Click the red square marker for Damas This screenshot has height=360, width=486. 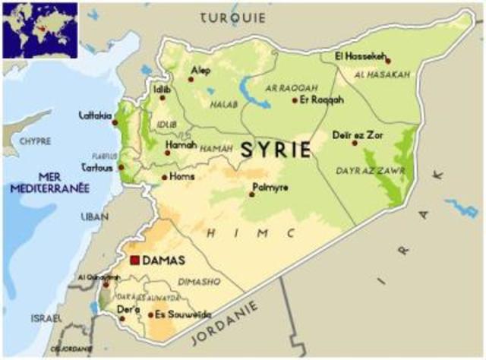click(x=135, y=261)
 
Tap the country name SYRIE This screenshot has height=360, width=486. click(x=275, y=149)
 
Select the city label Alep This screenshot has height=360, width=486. click(x=203, y=71)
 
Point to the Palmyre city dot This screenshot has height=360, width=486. click(x=252, y=194)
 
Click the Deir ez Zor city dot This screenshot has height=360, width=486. click(x=355, y=142)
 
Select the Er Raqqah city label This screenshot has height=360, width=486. click(x=322, y=99)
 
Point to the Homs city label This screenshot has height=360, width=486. click(x=182, y=176)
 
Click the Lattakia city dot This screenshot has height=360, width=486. click(x=115, y=122)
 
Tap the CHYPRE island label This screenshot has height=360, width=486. click(x=34, y=141)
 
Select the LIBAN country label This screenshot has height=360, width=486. click(x=95, y=217)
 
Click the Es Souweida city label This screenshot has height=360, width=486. click(x=180, y=314)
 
